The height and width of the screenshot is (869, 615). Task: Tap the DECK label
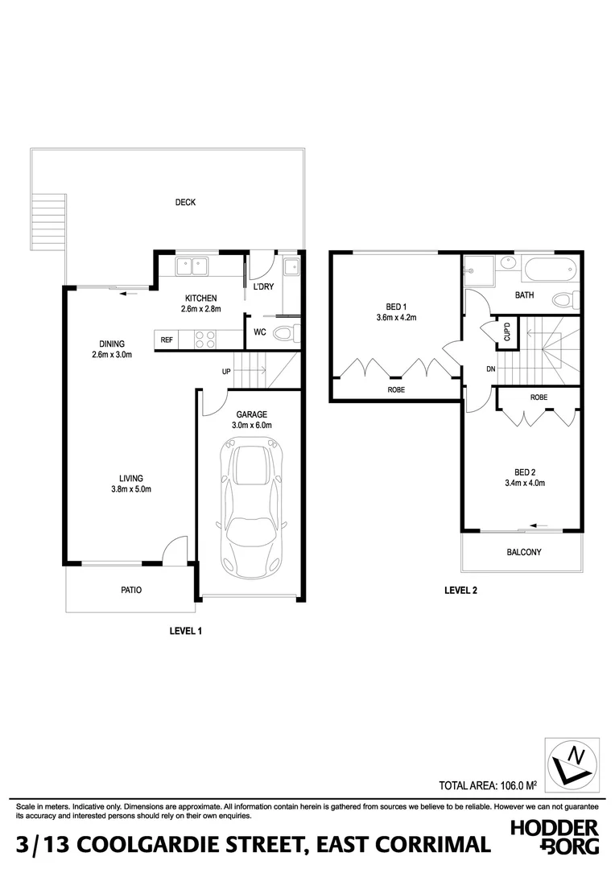185,203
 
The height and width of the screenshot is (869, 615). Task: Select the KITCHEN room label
200,298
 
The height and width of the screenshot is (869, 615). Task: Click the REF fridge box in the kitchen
167,340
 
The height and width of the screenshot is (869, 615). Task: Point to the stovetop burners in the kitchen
204,340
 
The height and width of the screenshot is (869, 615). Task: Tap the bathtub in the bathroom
548,269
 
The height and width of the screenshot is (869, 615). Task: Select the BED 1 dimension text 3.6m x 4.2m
395,317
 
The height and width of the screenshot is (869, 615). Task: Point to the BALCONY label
523,552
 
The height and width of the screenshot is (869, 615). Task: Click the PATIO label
130,590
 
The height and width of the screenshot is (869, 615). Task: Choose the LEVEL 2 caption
460,591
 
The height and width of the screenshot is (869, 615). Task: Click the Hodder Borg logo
555,837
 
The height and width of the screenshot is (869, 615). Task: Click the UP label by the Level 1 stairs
228,372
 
